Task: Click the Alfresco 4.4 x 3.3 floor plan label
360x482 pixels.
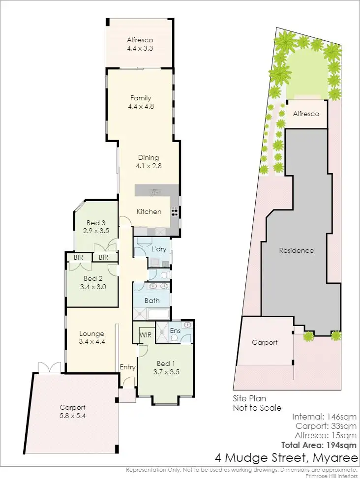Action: (140, 44)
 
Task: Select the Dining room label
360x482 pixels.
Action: (149, 157)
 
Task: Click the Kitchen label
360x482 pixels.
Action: (149, 211)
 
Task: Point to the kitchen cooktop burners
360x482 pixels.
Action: (174, 212)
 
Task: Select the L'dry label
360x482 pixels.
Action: (158, 249)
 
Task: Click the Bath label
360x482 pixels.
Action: (152, 300)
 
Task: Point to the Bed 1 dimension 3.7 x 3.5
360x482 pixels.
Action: (166, 372)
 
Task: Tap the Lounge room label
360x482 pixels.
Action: (91, 334)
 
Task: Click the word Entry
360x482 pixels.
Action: (127, 367)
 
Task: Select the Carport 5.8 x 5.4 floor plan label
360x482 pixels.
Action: (73, 411)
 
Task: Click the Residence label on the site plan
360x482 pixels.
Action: (296, 250)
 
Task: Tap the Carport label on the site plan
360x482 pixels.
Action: (265, 342)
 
